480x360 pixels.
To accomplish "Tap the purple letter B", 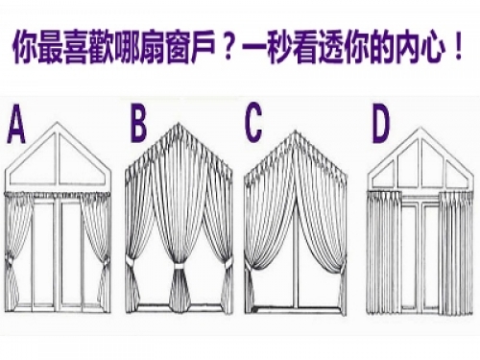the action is tap(138, 124).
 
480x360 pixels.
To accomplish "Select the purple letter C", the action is tap(253, 124).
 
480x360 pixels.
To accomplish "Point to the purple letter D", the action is tap(381, 124).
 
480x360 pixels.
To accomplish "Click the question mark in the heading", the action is tap(228, 48).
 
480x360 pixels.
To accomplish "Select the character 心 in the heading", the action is tap(432, 49).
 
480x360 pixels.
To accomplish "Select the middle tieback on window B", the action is tap(180, 267).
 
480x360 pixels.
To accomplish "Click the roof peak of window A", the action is tap(58, 123).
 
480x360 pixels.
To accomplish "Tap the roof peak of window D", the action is tap(420, 129).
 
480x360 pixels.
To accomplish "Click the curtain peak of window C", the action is tap(295, 132).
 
